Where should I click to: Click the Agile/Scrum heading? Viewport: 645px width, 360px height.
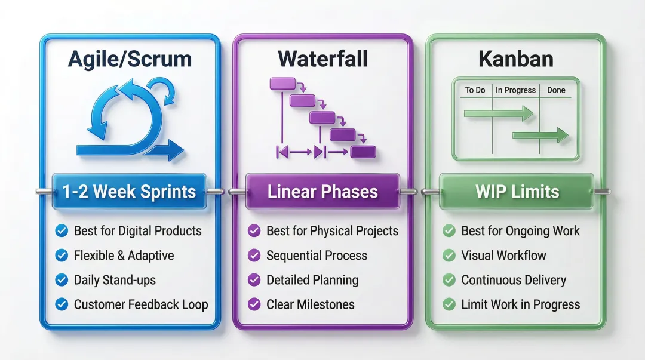point(130,59)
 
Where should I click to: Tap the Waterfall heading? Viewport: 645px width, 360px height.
point(322,59)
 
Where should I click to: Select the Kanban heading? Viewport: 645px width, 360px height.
point(515,59)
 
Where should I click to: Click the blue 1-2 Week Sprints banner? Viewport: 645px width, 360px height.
point(130,192)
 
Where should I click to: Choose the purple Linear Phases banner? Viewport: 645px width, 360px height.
point(322,192)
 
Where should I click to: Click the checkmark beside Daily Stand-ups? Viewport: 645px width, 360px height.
point(61,280)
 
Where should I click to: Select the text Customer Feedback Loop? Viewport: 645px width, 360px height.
point(141,304)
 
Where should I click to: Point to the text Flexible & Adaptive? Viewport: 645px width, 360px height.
point(124,256)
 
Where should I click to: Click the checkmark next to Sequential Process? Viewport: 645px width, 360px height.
point(254,256)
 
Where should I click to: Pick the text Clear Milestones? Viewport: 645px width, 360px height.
point(310,304)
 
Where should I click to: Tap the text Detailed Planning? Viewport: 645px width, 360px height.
point(312,280)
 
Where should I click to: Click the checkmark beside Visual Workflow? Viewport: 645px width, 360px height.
point(449,256)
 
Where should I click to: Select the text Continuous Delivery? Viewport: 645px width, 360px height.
point(513,280)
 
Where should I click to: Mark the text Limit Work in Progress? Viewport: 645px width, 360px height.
point(520,304)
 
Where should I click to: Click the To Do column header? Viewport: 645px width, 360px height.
point(475,90)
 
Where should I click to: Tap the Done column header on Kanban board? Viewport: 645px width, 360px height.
point(555,90)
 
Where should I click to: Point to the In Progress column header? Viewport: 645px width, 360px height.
point(515,90)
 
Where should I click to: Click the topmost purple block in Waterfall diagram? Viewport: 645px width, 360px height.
point(282,84)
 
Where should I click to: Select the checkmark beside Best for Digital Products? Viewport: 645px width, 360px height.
point(61,231)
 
